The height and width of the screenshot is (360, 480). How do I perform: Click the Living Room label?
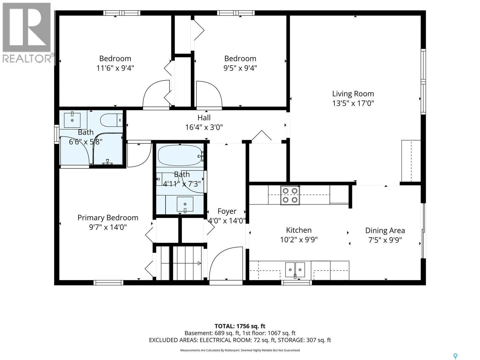(353, 94)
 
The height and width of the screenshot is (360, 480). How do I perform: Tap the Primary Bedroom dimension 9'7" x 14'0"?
(108, 227)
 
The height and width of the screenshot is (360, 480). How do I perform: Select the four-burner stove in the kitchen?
(290, 195)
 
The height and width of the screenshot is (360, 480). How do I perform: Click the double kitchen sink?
(295, 270)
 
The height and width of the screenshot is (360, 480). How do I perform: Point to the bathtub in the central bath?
(180, 155)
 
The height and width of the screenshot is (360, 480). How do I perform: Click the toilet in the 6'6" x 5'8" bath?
(112, 120)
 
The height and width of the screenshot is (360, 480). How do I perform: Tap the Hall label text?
(204, 118)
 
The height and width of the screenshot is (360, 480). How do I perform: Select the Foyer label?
(227, 211)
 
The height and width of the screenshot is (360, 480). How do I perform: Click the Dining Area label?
(385, 231)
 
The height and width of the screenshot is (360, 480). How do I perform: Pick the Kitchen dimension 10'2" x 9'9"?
(299, 240)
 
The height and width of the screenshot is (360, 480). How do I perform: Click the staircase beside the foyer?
(181, 263)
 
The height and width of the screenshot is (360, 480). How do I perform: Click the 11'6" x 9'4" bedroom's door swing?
(156, 94)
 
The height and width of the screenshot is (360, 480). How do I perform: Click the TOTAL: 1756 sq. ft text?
(240, 326)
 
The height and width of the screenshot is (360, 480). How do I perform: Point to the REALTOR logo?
(27, 33)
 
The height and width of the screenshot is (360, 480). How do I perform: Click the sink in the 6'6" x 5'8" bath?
(72, 120)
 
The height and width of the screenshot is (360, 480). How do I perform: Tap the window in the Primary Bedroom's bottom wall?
(109, 283)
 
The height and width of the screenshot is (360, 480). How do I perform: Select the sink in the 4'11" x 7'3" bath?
(185, 204)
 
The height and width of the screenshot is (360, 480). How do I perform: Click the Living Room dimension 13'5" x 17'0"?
(353, 103)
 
